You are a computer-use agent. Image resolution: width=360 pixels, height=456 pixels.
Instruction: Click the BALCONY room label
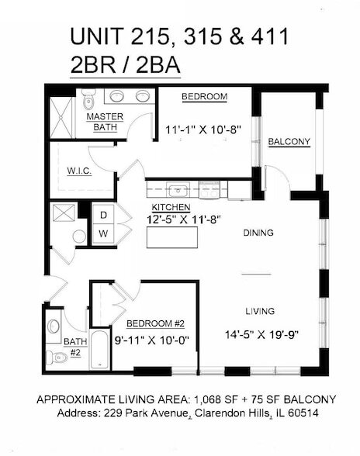pyautogui.click(x=289, y=142)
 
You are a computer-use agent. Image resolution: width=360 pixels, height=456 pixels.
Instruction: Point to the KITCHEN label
pyautogui.click(x=171, y=208)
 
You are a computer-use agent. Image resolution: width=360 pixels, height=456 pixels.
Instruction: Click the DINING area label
pyautogui.click(x=259, y=232)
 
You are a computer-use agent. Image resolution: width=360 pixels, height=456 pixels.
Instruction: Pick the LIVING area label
pyautogui.click(x=259, y=311)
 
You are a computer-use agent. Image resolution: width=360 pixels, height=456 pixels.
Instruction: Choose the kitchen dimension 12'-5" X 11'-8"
pyautogui.click(x=186, y=220)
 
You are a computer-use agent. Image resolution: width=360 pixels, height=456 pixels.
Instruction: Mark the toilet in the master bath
pyautogui.click(x=88, y=100)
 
